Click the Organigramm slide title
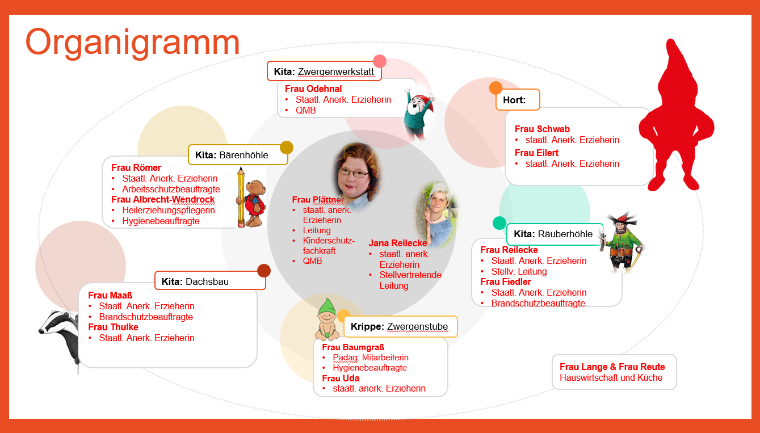(x=133, y=43)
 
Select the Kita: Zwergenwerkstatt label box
(x=324, y=72)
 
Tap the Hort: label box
(x=518, y=100)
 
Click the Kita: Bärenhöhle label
(x=238, y=154)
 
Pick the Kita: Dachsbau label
(x=210, y=280)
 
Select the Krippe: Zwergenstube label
(x=400, y=326)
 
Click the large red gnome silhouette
(x=675, y=119)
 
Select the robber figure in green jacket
(x=623, y=241)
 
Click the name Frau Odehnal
(x=313, y=89)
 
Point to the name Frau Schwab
(x=542, y=129)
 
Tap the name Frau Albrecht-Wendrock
(x=163, y=199)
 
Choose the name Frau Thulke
(x=113, y=327)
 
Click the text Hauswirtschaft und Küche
(x=611, y=377)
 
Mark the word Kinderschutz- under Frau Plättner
(x=329, y=241)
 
